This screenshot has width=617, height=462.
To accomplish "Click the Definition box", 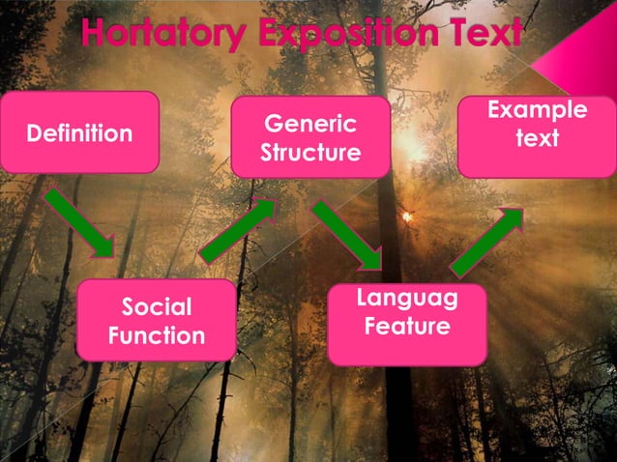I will pos(79,132).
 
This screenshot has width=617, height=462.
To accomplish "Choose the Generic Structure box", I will pos(309,137).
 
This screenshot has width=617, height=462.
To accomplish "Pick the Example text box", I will pos(537,136).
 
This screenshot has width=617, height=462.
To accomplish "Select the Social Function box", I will pos(156,320).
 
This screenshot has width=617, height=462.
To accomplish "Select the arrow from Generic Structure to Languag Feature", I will pos(347,235).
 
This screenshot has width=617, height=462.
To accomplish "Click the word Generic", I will pos(309,124).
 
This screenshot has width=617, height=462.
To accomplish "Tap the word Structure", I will pos(309,154).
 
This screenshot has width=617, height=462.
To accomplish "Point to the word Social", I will pos(156,307).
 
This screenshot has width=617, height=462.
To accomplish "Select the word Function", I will pos(156,335).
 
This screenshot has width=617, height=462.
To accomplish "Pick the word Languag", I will pos(406,299).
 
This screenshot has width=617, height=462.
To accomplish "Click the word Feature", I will pos(406,327).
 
